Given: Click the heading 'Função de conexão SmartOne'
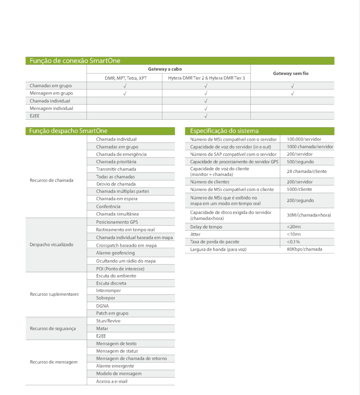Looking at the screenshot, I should [75, 61].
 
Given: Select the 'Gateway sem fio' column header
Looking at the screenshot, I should [291, 73].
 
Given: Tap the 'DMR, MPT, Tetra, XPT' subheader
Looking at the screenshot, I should [126, 78].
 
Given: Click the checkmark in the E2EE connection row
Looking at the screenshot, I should [206, 116].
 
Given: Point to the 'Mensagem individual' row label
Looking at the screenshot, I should [51, 108].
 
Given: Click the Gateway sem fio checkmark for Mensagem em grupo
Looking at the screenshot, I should [292, 93].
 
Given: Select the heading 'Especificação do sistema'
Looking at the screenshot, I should [224, 131].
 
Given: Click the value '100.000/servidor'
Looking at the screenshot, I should [304, 139].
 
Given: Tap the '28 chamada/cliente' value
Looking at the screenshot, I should [306, 171].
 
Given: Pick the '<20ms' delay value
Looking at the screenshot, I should [294, 227].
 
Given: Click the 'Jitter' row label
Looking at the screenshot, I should [195, 234].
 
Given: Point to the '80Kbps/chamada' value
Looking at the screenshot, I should [304, 249].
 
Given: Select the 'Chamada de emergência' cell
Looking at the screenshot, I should [121, 154].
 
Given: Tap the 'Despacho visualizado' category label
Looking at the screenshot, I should [51, 245].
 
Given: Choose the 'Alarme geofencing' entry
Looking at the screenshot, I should [115, 253].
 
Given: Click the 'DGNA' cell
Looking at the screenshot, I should [102, 306].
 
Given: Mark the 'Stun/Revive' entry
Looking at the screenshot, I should [108, 321].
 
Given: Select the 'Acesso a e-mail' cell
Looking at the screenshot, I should [112, 381].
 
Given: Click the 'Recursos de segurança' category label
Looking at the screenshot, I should [53, 329].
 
